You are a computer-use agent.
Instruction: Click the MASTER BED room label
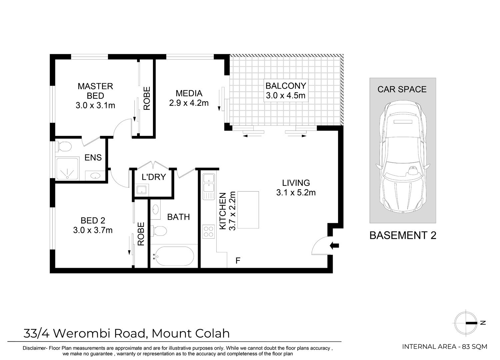coord(95,91)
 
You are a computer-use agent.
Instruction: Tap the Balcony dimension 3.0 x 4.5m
coord(285,96)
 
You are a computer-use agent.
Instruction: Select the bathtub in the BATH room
coord(172,256)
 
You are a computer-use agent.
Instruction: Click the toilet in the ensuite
coord(64,146)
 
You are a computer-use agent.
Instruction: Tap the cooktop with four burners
coord(209,231)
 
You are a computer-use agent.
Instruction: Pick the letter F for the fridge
coord(238,260)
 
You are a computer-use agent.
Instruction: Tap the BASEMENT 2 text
coord(403,235)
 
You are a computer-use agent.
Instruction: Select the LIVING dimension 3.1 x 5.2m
coord(296,192)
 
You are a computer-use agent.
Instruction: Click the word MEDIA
coord(189,93)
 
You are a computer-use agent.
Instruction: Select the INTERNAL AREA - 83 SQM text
coord(445,347)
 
